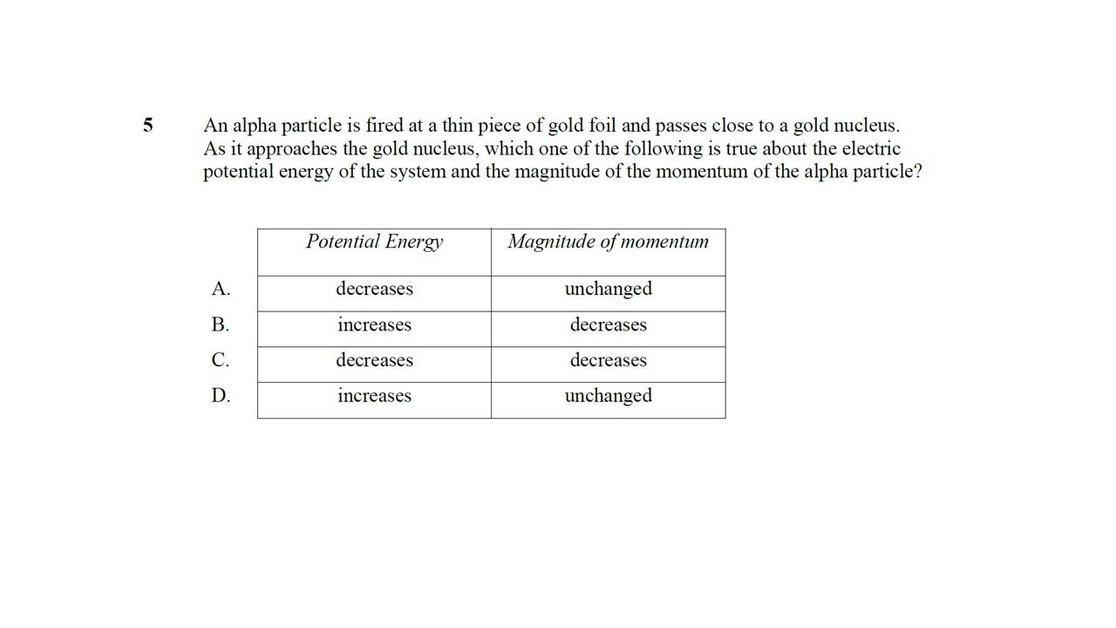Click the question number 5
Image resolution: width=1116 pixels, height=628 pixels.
point(148,126)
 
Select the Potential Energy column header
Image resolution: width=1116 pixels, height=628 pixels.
point(374,242)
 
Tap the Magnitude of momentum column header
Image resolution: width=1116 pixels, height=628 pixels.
point(608,242)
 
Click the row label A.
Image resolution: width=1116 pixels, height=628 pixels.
point(221,289)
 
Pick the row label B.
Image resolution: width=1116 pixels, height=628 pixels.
point(221,324)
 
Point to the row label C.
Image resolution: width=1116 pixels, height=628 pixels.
point(221,360)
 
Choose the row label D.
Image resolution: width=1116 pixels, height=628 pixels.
point(221,396)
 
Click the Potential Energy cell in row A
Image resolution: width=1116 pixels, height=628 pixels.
point(374,289)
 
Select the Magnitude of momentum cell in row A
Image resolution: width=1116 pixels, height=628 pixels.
point(608,289)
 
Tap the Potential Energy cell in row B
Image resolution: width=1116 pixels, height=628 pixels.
point(374,324)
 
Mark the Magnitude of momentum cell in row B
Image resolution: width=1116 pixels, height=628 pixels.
point(608,324)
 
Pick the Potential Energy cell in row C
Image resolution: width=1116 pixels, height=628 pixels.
point(374,360)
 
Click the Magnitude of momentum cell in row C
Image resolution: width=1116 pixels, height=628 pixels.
point(608,360)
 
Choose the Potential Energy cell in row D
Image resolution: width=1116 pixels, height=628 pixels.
point(374,396)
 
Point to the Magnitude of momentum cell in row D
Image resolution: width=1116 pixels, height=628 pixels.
point(608,396)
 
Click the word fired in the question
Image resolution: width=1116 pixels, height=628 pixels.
point(384,126)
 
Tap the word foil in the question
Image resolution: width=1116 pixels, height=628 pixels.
point(602,126)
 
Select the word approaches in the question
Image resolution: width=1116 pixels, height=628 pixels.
point(292,149)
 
